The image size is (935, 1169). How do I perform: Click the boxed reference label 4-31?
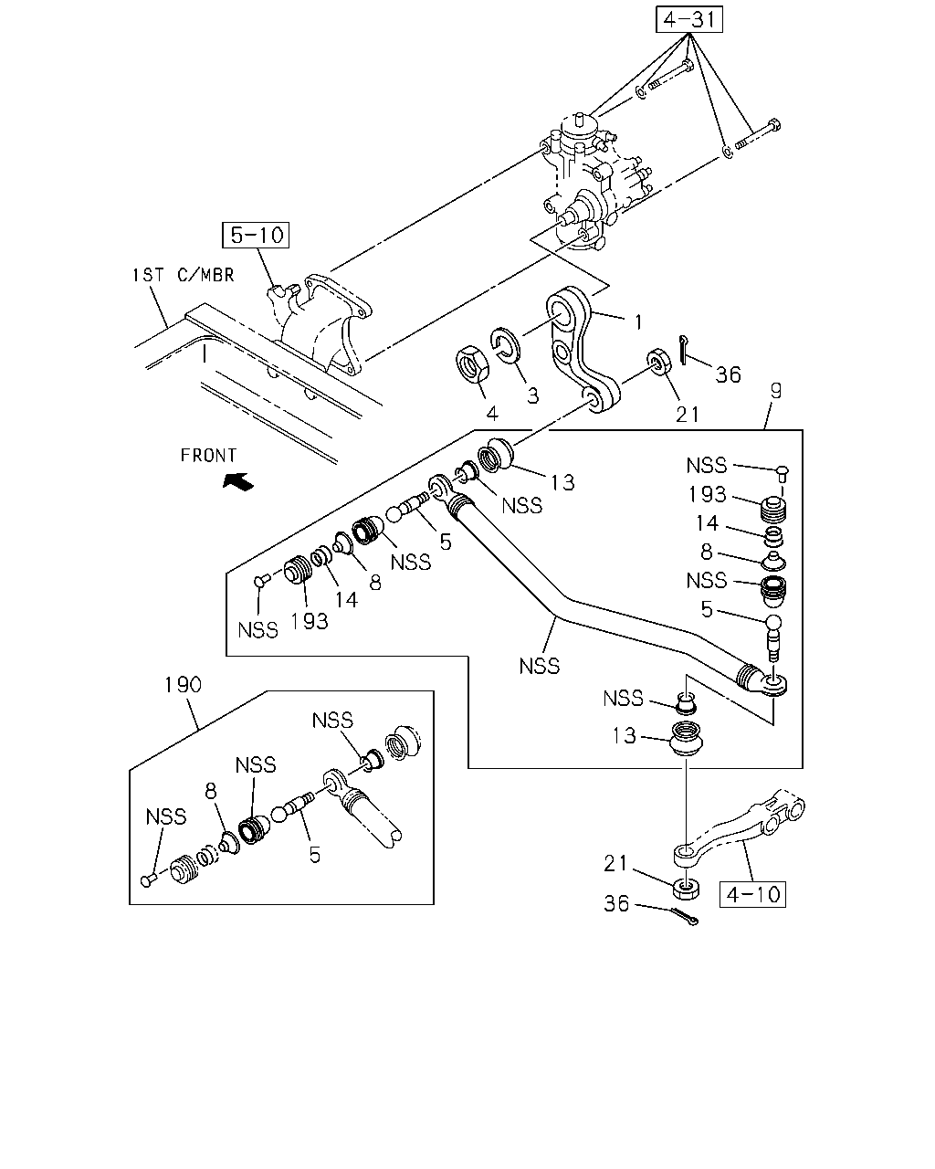[x=688, y=19]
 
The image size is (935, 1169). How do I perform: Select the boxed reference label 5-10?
[x=256, y=236]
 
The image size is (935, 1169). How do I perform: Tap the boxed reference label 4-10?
[x=752, y=894]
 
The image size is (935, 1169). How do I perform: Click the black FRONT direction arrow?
[x=238, y=480]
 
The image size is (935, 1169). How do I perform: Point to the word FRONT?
[x=208, y=455]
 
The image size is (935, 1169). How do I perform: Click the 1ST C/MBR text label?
[x=184, y=276]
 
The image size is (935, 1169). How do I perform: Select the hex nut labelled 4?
[x=471, y=365]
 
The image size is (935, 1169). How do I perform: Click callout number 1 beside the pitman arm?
[x=638, y=322]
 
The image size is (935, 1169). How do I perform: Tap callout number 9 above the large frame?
[x=776, y=391]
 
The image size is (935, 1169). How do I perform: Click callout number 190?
[x=184, y=685]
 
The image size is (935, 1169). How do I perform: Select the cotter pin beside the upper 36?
[x=684, y=351]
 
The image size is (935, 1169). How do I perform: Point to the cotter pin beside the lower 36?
[x=685, y=916]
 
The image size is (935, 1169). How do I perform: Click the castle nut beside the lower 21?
[x=686, y=890]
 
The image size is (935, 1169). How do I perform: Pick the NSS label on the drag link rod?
[x=539, y=667]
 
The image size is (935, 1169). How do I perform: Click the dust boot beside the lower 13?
[x=687, y=738]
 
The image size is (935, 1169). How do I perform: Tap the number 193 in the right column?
[x=708, y=495]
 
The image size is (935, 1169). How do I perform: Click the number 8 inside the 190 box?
[x=211, y=792]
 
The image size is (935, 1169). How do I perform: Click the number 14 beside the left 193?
[x=346, y=600]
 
